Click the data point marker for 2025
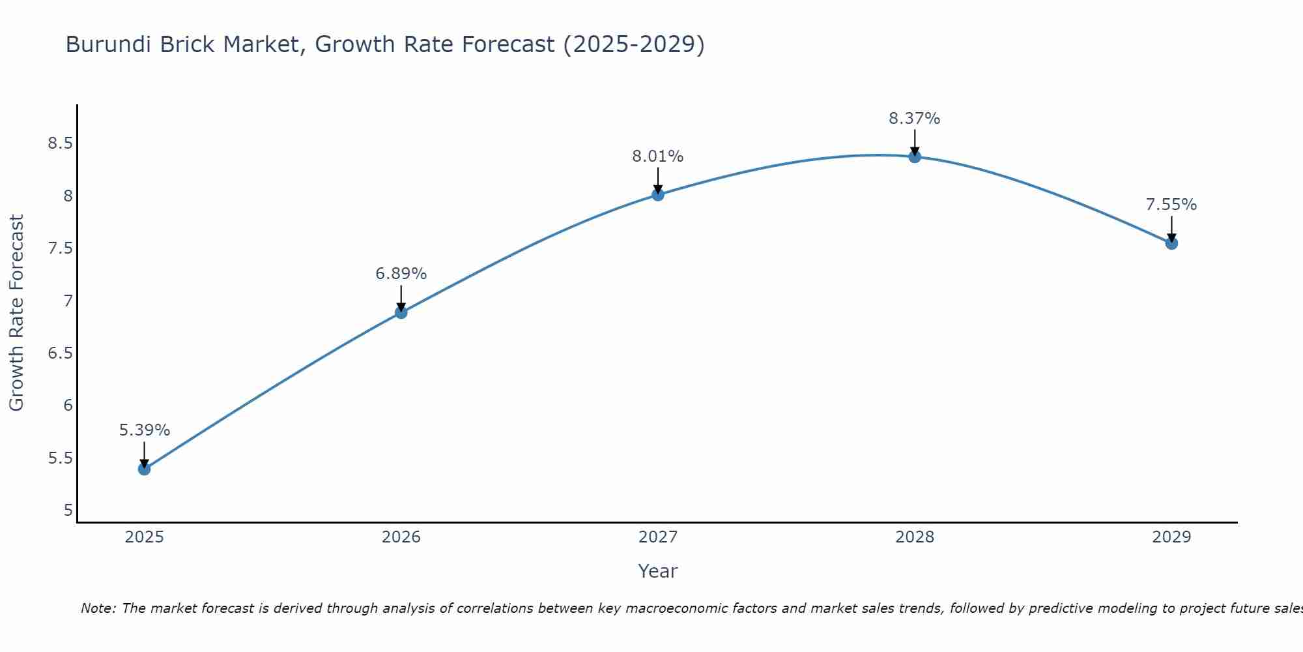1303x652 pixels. (145, 469)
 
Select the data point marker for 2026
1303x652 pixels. (401, 312)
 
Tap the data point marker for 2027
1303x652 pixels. (658, 194)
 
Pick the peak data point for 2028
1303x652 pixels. (915, 156)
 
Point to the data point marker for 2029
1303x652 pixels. (1171, 243)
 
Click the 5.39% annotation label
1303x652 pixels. (145, 430)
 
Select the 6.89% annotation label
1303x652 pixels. (401, 274)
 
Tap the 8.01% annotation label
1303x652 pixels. (658, 156)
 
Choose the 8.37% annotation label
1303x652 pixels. (915, 119)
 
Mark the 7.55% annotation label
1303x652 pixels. (1171, 205)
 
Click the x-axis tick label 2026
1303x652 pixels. (401, 537)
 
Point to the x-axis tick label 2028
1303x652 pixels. (915, 537)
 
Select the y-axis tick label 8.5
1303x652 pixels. (60, 143)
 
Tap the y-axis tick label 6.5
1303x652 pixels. (60, 353)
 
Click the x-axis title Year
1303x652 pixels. (658, 571)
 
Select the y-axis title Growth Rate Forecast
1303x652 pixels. (16, 313)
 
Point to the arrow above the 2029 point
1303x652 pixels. (1171, 228)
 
